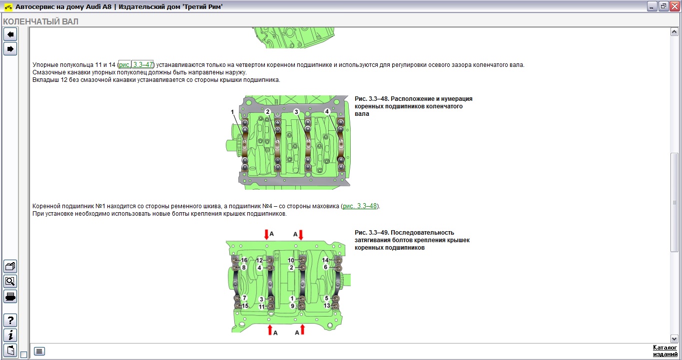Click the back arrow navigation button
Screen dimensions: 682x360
(10, 34)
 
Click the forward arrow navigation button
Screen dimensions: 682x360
(10, 49)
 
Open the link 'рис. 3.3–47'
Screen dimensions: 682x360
(136, 64)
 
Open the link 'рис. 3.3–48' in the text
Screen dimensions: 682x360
(360, 206)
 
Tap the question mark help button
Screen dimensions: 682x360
(10, 320)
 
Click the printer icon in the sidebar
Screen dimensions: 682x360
(10, 297)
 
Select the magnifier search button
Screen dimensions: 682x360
(10, 281)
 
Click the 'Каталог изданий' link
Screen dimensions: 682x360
(665, 351)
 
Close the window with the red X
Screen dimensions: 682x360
(675, 6)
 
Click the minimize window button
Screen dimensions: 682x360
(652, 6)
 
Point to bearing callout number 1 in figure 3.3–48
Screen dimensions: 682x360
(232, 112)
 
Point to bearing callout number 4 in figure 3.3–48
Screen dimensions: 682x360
(327, 112)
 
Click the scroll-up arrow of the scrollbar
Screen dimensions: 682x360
(674, 32)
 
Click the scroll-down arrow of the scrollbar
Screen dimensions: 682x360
(674, 339)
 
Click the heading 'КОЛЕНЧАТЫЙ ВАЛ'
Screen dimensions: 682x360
(41, 21)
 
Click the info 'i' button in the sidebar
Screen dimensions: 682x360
(10, 335)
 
